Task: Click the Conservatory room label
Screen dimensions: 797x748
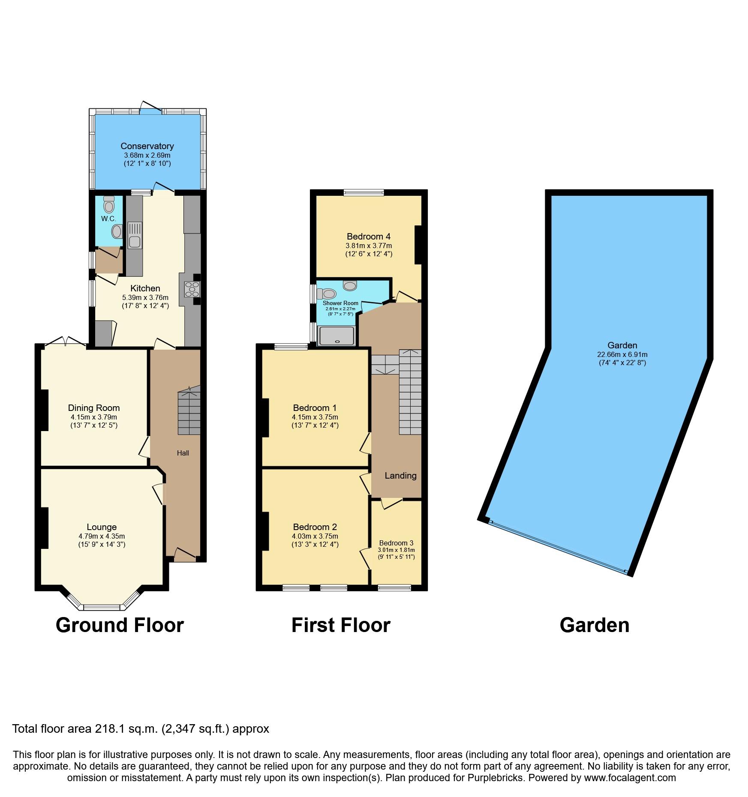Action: click(x=147, y=146)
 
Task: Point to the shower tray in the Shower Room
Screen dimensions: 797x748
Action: click(x=337, y=336)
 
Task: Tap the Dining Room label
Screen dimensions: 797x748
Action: click(x=94, y=408)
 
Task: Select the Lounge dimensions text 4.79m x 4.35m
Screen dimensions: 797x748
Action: click(x=102, y=536)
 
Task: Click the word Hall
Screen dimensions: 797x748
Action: click(x=183, y=453)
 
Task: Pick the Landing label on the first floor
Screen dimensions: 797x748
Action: click(x=400, y=475)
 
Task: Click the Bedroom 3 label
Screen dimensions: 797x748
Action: click(x=396, y=543)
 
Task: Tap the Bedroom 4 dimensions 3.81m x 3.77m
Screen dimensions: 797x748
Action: click(x=369, y=246)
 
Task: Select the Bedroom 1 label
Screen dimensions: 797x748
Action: click(x=315, y=408)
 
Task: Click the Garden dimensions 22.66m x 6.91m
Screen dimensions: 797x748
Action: click(x=622, y=354)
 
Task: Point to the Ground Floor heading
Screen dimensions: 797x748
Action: click(x=120, y=625)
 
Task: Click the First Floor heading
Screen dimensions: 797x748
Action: click(x=341, y=625)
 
